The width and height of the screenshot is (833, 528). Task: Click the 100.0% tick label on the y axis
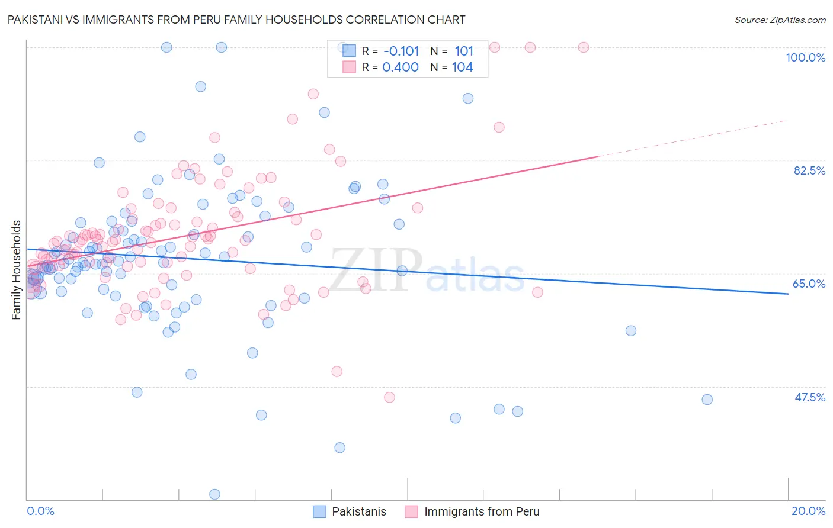tap(805, 57)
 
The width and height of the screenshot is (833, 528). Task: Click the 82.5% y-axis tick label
tap(809, 170)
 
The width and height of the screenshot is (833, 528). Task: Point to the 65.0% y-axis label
tap(809, 284)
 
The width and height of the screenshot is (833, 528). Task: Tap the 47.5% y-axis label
tap(809, 397)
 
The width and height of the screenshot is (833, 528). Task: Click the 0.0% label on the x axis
tap(40, 511)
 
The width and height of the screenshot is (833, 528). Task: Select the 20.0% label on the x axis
tap(808, 511)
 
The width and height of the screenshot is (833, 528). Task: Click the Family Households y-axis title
tap(17, 270)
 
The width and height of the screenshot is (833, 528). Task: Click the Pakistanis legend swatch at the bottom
tap(319, 511)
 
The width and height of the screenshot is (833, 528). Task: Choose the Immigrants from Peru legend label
tap(482, 511)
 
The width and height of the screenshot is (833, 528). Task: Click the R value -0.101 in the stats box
tap(401, 51)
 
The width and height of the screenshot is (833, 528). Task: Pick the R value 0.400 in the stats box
tap(401, 67)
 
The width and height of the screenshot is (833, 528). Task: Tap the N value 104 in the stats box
tap(462, 67)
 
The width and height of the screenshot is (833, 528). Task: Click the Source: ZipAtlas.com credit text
tap(780, 20)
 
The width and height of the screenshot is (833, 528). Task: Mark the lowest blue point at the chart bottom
tap(214, 494)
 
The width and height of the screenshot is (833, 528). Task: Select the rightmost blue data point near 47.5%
tap(707, 400)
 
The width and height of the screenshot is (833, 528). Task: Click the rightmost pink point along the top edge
tap(583, 47)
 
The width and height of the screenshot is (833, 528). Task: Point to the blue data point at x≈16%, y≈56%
tap(630, 331)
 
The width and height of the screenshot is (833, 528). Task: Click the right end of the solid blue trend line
tap(788, 294)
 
